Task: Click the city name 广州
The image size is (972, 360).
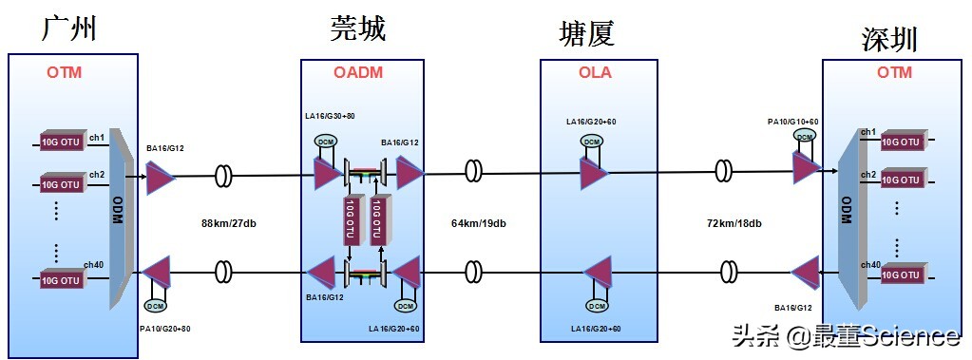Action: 70,28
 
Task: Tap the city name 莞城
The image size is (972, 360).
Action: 357,29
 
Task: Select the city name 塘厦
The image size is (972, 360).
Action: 586,34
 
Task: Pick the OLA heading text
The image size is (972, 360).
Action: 596,73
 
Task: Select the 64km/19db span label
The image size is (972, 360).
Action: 478,224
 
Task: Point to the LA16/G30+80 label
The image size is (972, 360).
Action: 330,117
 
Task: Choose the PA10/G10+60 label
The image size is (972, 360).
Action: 793,122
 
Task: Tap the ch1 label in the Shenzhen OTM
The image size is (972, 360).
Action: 867,132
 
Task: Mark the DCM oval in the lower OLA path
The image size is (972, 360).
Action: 597,306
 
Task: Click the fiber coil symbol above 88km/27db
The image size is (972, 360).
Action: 224,175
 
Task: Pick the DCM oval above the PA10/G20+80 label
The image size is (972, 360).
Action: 154,306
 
